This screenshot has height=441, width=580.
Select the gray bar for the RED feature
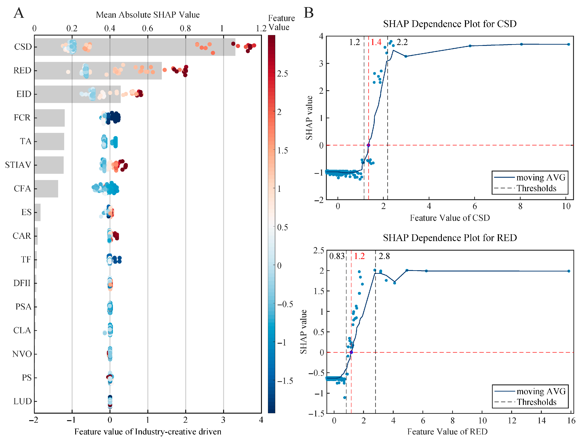[98, 71]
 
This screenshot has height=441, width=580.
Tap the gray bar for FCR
[50, 118]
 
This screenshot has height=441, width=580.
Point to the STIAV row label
[18, 165]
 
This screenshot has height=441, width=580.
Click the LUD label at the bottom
[23, 401]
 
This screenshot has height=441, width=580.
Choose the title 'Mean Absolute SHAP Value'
[148, 15]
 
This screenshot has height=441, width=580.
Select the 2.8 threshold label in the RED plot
[384, 256]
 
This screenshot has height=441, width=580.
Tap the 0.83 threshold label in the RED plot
[337, 256]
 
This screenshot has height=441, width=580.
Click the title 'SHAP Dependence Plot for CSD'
[450, 24]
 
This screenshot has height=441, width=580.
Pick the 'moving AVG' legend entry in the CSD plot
[530, 178]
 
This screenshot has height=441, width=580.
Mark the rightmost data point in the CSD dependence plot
[568, 44]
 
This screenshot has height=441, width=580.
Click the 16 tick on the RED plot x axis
[571, 421]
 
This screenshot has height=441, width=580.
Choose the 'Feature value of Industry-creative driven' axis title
[148, 432]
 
